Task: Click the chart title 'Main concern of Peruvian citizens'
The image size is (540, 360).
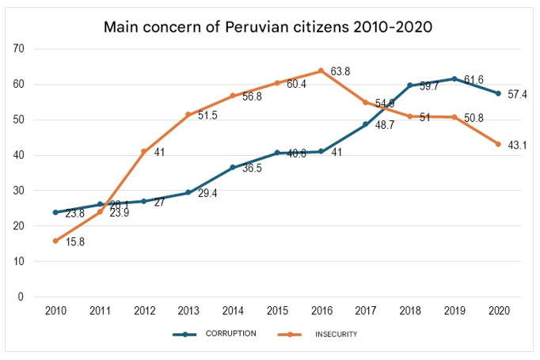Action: point(269,26)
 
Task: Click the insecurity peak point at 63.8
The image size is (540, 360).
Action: point(321,70)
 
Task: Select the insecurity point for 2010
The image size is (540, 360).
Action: point(55,241)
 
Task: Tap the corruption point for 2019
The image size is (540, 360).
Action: point(454,78)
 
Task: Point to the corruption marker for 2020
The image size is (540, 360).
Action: point(498,93)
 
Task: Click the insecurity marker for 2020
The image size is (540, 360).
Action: point(498,144)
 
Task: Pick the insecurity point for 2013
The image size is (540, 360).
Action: point(188,115)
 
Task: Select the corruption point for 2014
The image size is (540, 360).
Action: point(233,168)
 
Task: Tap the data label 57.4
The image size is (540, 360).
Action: point(517,95)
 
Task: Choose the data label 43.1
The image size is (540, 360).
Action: point(517,146)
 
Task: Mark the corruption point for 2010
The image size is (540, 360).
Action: point(55,212)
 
